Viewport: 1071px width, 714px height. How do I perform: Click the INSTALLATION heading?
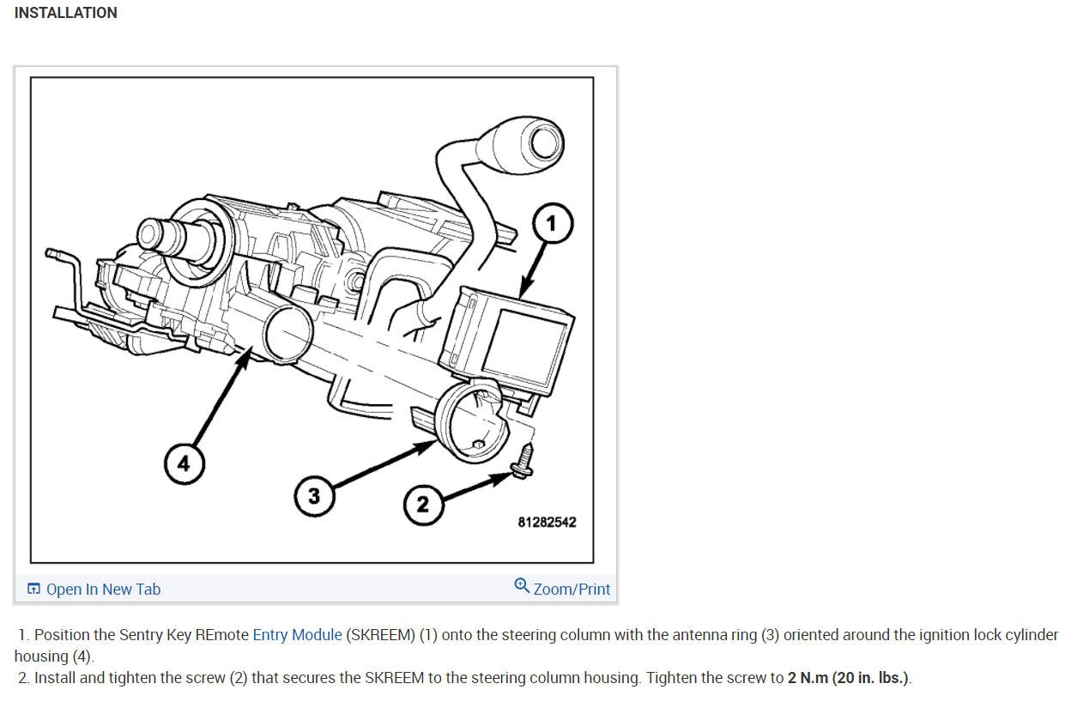tap(66, 13)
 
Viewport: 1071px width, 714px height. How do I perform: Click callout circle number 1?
tap(551, 225)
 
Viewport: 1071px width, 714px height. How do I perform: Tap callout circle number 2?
tap(422, 504)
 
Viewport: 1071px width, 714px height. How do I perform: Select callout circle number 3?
tap(314, 496)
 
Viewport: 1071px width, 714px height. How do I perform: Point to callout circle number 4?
tap(183, 464)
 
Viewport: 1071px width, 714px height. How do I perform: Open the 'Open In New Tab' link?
tap(103, 589)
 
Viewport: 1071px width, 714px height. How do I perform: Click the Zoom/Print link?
tap(572, 589)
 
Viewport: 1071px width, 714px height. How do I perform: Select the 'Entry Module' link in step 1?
tap(297, 635)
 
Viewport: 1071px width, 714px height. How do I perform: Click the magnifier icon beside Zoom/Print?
tap(522, 586)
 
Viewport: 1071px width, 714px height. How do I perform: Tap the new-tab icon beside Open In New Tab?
tap(34, 589)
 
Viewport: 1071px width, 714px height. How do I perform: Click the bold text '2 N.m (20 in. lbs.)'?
tap(848, 678)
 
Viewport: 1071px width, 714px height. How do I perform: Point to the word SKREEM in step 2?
tap(394, 678)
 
